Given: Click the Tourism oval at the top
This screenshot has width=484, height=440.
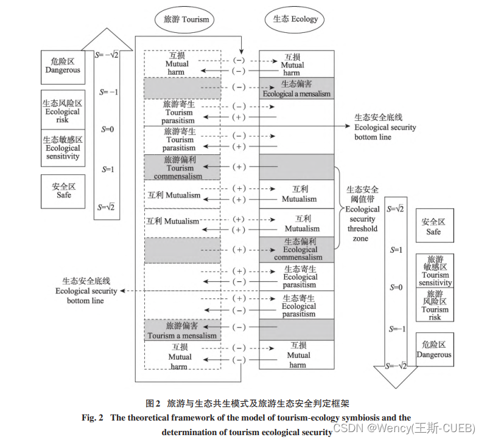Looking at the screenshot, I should [x=186, y=19].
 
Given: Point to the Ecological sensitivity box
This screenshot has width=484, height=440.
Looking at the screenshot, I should [x=62, y=148].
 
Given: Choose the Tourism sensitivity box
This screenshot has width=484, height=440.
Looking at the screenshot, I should [x=435, y=271].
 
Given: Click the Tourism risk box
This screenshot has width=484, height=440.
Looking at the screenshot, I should [x=435, y=305].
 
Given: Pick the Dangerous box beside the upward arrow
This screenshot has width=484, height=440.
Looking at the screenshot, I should [x=62, y=66].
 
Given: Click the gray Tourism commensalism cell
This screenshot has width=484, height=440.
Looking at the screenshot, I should [x=181, y=168].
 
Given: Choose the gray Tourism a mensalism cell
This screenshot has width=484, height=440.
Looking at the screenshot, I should [x=181, y=330].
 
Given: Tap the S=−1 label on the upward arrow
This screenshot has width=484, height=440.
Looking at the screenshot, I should [x=110, y=92].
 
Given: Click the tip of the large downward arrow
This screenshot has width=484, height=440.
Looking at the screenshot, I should [x=395, y=386].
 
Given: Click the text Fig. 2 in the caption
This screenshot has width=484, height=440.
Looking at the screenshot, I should [x=94, y=418].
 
